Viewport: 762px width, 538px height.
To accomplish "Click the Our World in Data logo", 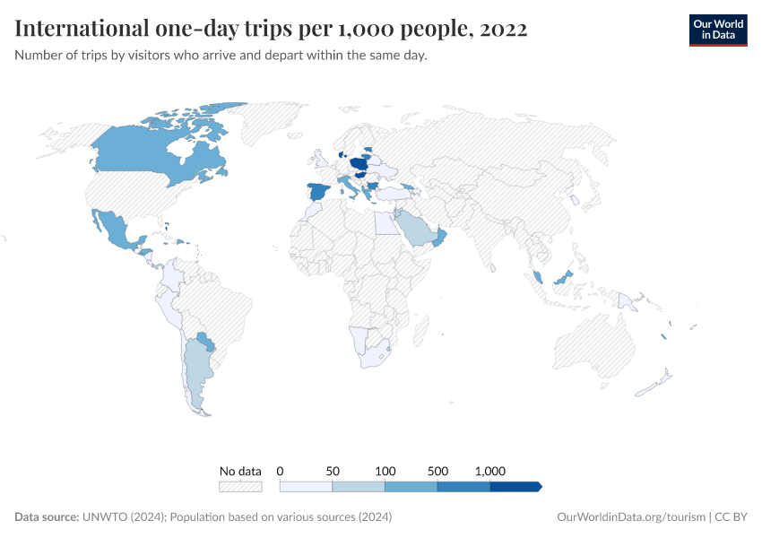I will click(x=717, y=30).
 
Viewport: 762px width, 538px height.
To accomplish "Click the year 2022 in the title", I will click(x=504, y=29).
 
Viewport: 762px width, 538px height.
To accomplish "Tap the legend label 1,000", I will click(x=490, y=471).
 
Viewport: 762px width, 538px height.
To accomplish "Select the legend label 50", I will click(x=333, y=471).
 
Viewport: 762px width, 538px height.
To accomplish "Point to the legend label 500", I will click(x=437, y=471).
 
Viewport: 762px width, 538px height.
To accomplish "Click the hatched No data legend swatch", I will click(x=240, y=486).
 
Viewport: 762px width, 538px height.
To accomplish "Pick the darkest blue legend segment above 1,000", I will click(x=515, y=486).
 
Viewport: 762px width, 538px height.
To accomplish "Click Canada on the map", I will click(x=152, y=152).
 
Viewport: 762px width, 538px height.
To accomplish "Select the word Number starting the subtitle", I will click(x=41, y=56).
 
